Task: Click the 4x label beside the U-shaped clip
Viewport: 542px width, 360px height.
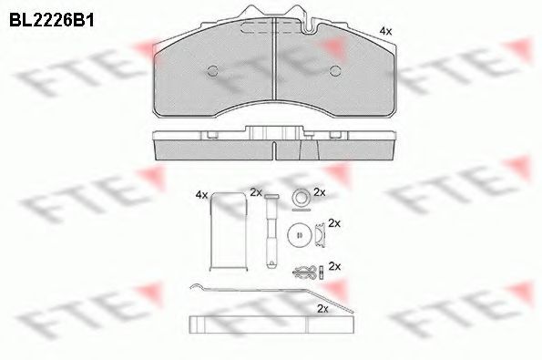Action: pos(201,194)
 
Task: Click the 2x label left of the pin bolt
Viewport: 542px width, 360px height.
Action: pos(255,192)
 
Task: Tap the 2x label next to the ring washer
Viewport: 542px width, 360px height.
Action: pos(319,192)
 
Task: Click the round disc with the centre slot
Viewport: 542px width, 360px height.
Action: pos(297,234)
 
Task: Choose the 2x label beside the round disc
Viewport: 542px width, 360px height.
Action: pos(333,222)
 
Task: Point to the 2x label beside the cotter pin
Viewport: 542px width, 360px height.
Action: pos(333,266)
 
